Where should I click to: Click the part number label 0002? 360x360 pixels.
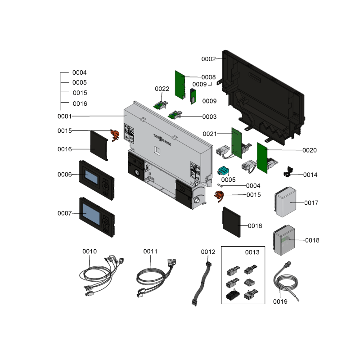click(208, 59)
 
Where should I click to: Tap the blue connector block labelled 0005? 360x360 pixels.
click(224, 171)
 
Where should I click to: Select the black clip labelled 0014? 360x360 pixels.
click(288, 172)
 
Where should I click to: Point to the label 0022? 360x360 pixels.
click(162, 89)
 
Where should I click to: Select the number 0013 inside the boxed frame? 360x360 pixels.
click(252, 252)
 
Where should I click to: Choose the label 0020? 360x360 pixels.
click(310, 150)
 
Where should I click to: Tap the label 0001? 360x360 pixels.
click(65, 116)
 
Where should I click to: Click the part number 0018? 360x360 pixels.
click(312, 240)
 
